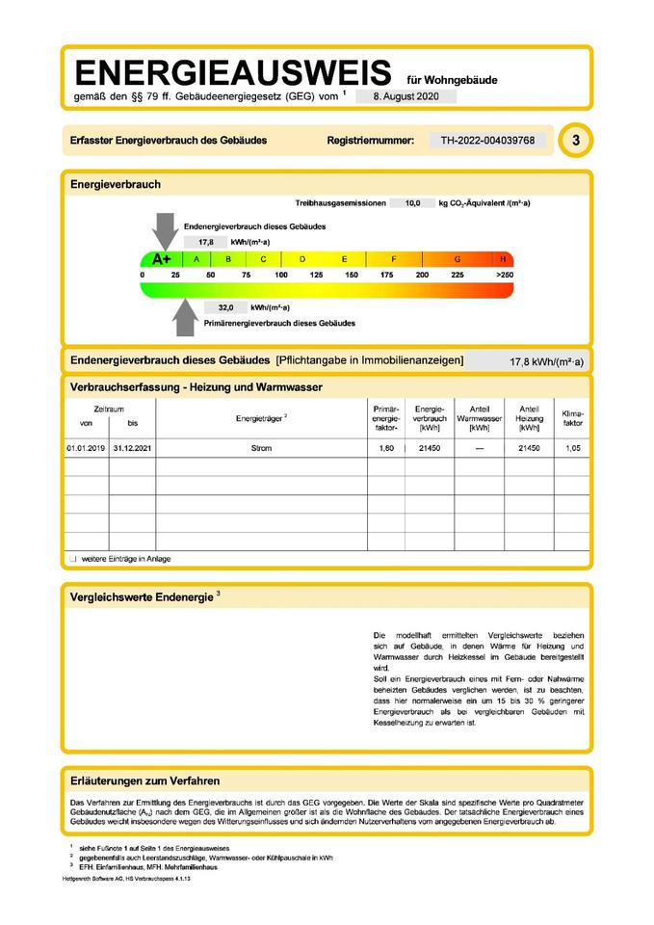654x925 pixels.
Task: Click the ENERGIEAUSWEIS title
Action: [x=233, y=72]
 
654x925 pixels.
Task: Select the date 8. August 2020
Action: [x=405, y=96]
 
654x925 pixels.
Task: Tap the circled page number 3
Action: [x=576, y=141]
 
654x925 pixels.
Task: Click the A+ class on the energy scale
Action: [x=160, y=259]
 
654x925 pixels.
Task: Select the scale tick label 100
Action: [x=281, y=276]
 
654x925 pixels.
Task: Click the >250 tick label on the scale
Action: [x=504, y=276]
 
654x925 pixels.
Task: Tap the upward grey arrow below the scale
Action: [x=185, y=316]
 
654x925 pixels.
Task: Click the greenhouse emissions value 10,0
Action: [x=412, y=203]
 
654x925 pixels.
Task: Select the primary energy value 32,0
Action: [x=226, y=307]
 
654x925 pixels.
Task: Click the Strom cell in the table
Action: [x=261, y=449]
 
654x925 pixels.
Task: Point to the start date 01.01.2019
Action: [x=86, y=449]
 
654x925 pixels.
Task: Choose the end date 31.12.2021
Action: [x=133, y=449]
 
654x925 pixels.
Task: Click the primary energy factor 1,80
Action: [x=384, y=449]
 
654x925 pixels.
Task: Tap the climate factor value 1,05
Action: [x=572, y=449]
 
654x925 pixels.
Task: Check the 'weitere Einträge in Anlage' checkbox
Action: [x=72, y=559]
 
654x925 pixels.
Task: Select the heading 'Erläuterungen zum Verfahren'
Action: [x=145, y=780]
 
